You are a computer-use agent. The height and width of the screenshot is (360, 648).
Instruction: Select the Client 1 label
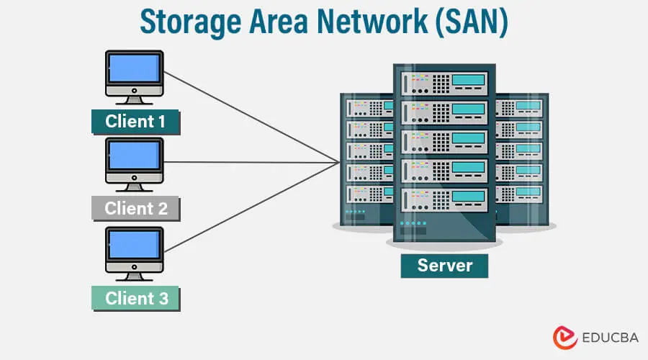pyautogui.click(x=135, y=122)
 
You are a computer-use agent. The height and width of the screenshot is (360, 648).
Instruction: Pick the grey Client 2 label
pyautogui.click(x=135, y=209)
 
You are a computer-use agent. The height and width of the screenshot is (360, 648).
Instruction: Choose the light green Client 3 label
pyautogui.click(x=135, y=297)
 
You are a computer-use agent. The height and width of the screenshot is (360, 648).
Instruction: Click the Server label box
pyautogui.click(x=444, y=265)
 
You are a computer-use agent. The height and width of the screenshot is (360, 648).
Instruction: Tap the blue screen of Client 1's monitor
pyautogui.click(x=134, y=68)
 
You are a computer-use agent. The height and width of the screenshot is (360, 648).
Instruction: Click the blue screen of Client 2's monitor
pyautogui.click(x=134, y=156)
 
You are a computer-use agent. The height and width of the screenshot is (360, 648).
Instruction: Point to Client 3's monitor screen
pyautogui.click(x=134, y=245)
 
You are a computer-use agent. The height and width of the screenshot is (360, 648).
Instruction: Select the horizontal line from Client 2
pyautogui.click(x=252, y=162)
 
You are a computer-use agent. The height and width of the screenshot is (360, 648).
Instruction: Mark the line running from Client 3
pyautogui.click(x=252, y=208)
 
